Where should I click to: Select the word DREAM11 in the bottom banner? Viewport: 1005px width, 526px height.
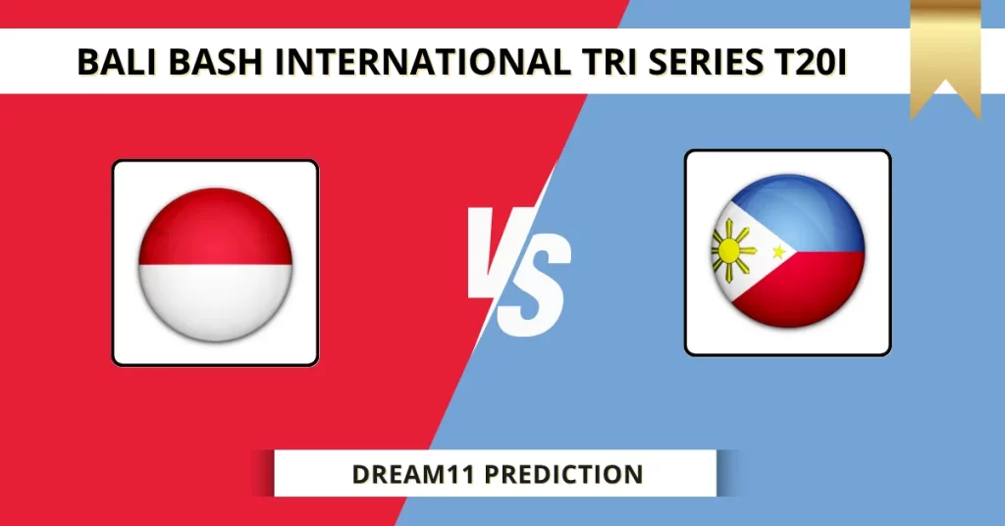(x=414, y=475)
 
